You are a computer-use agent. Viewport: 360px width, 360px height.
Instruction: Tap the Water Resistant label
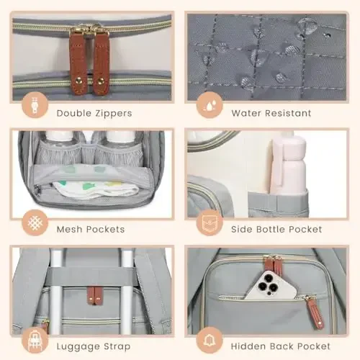click(271, 113)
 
